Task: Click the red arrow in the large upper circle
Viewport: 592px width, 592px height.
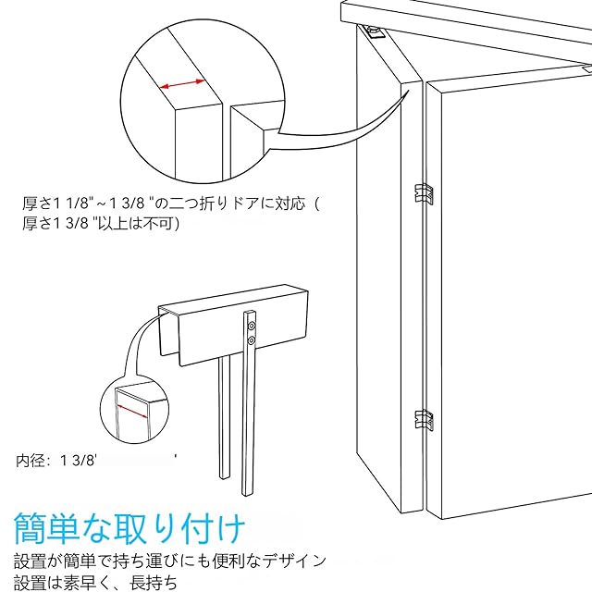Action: pyautogui.click(x=183, y=85)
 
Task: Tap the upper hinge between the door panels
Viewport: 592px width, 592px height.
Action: pyautogui.click(x=423, y=193)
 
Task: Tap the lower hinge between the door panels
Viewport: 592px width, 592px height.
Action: pyautogui.click(x=423, y=421)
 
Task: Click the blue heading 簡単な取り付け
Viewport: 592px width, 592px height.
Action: pyautogui.click(x=129, y=530)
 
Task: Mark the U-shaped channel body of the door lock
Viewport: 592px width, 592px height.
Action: pyautogui.click(x=231, y=319)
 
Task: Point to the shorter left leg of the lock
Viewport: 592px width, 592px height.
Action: pyautogui.click(x=224, y=416)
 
